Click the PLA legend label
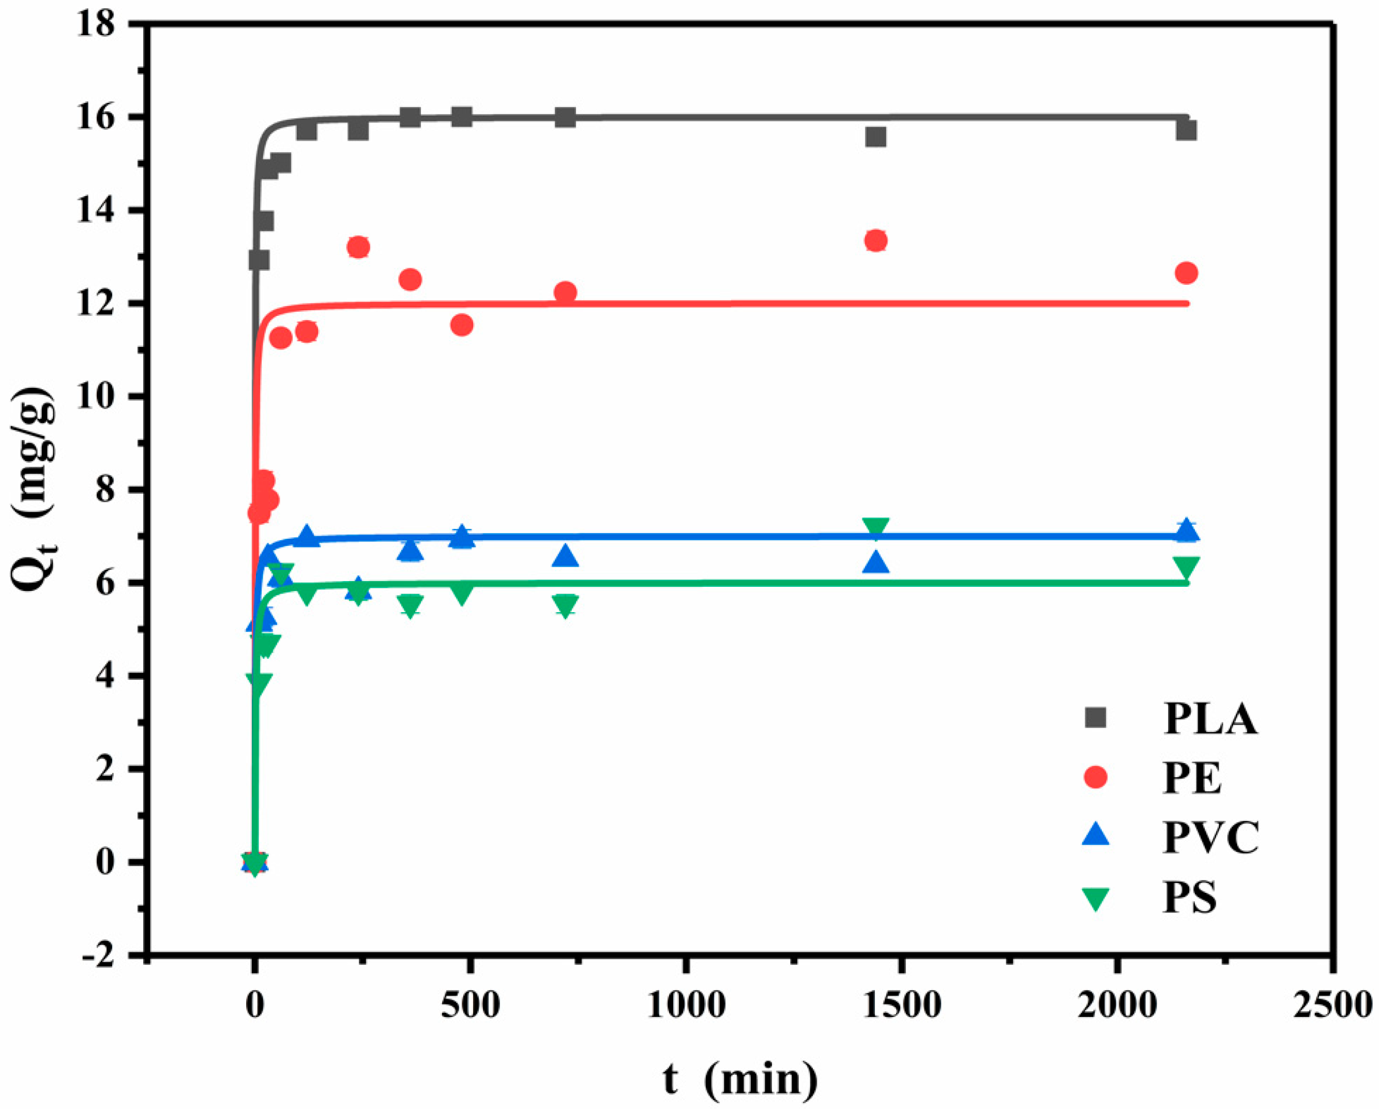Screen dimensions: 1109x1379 tap(1209, 719)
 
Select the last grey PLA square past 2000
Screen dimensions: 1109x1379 tap(1186, 130)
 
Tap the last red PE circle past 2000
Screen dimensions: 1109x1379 tap(1186, 273)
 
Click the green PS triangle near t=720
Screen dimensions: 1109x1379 tap(565, 604)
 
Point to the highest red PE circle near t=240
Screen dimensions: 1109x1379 tap(358, 247)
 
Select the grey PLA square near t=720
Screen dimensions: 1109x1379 tap(565, 118)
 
